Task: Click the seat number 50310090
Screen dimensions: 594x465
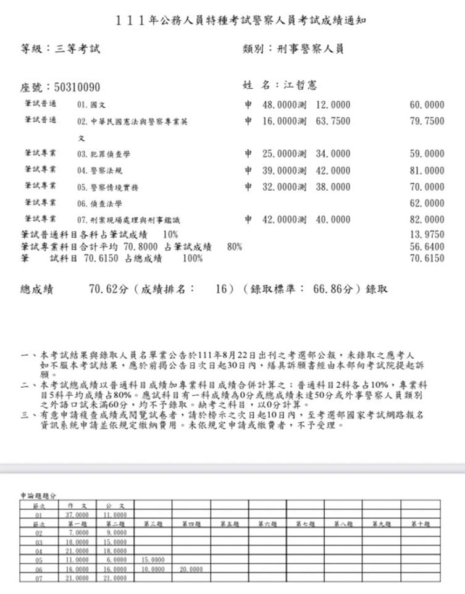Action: coord(77,87)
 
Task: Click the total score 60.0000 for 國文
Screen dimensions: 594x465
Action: coord(427,106)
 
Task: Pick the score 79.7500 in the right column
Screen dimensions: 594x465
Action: coord(427,122)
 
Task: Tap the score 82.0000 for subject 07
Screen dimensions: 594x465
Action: coord(427,219)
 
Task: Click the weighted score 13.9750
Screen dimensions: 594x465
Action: coord(427,235)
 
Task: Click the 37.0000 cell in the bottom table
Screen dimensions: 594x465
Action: coord(77,514)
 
